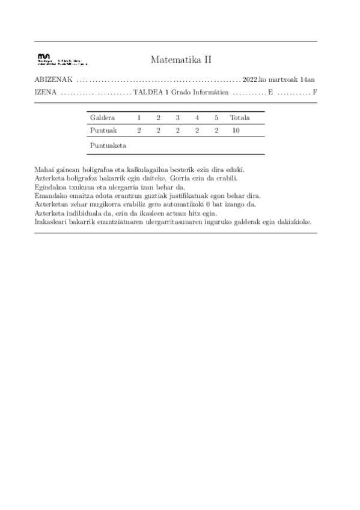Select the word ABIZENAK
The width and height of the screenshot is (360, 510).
click(x=54, y=79)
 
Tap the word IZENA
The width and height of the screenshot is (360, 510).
click(x=46, y=93)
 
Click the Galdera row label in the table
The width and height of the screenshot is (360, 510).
click(x=102, y=117)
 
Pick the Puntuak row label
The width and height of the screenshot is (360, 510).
click(x=103, y=130)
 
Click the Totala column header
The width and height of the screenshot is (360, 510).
click(x=239, y=117)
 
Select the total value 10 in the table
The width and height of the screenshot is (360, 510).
click(x=236, y=130)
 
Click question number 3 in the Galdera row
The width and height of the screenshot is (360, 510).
click(x=177, y=117)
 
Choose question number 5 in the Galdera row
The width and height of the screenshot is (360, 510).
click(x=216, y=117)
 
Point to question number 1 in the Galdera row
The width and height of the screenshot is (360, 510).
click(x=139, y=117)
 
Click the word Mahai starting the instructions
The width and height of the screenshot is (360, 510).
click(x=44, y=171)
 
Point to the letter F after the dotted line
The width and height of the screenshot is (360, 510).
click(x=315, y=93)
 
